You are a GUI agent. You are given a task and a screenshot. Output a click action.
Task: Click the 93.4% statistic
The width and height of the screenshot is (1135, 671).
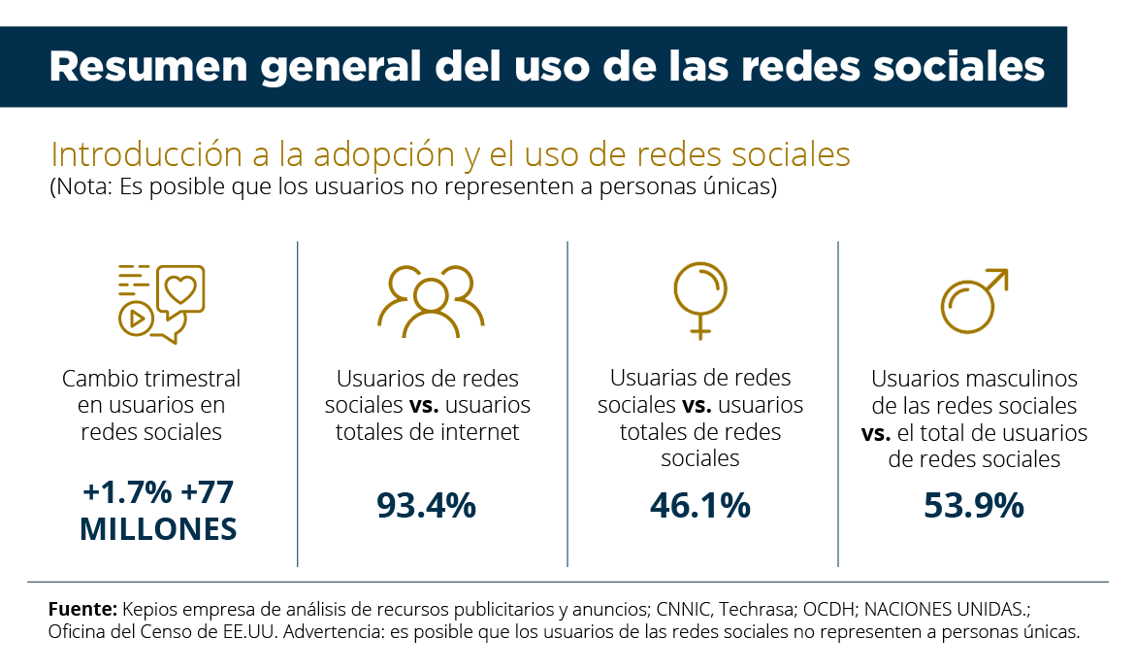pos(426,505)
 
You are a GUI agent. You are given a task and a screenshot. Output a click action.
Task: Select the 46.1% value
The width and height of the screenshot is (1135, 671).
pos(699,505)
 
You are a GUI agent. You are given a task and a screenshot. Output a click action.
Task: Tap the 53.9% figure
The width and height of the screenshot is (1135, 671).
pos(974,505)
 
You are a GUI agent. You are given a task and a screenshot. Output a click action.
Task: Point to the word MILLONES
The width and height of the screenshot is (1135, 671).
pos(158,529)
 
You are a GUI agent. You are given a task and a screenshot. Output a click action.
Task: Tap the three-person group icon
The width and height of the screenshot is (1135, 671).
pos(430,300)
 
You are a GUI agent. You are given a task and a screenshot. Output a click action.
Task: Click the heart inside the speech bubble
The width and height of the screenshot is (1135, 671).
pos(181,289)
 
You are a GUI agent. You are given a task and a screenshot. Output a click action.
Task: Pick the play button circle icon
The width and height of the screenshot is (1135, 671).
pos(136,317)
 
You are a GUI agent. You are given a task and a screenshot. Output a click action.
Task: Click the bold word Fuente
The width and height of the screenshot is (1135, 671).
pos(82,610)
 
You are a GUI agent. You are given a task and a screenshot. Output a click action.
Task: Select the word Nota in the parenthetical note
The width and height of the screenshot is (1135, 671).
pos(81,187)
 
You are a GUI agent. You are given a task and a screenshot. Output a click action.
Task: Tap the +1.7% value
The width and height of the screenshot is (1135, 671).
pos(127,493)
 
